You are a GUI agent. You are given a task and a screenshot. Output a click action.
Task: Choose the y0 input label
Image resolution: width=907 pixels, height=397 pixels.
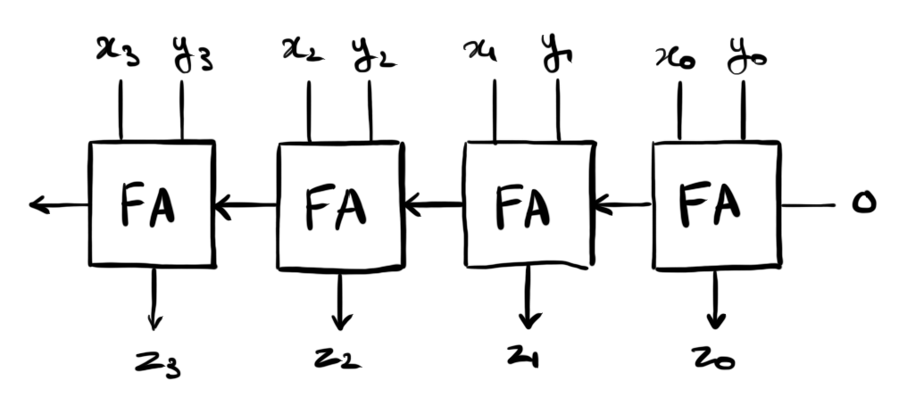coord(746,54)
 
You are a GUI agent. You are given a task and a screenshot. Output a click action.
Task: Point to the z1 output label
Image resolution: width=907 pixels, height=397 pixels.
coord(526,358)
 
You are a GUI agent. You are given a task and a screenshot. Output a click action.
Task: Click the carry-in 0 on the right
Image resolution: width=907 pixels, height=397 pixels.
coord(862,204)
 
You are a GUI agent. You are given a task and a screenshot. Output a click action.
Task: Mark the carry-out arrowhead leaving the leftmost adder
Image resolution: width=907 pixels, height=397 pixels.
coord(37,206)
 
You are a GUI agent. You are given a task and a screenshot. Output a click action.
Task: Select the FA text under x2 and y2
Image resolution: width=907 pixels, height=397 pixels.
coord(337,205)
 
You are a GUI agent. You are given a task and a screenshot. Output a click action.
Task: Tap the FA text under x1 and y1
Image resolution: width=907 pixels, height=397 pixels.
coord(524,205)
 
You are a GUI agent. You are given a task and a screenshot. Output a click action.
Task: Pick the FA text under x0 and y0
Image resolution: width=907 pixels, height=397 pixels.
coord(711,204)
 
